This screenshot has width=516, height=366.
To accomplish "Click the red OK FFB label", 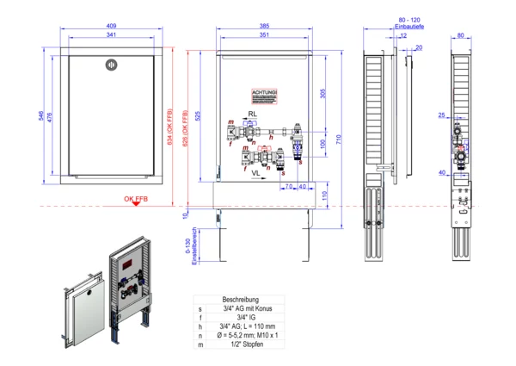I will click(136, 198).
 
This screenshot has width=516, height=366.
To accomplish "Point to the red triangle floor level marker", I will click(136, 207).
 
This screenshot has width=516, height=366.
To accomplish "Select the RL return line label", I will click(254, 115).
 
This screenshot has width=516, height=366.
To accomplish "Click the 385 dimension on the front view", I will click(264, 26).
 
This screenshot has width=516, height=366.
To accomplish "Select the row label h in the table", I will click(200, 326).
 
